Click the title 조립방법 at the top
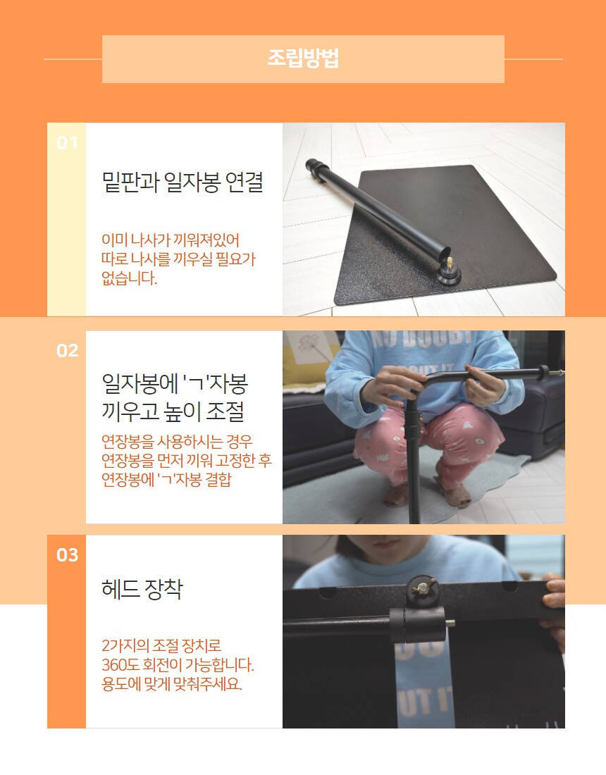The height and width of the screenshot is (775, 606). [x=303, y=58]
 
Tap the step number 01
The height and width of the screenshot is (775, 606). [x=67, y=143]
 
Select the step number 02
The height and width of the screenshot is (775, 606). [x=67, y=350]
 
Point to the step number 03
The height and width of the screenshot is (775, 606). [x=67, y=555]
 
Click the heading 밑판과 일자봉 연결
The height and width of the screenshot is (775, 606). [x=183, y=182]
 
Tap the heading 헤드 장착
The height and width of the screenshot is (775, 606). [x=142, y=589]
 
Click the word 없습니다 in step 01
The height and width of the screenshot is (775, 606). [x=129, y=278]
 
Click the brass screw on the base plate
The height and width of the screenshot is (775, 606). [x=450, y=263]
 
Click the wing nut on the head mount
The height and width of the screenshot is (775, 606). [x=421, y=588]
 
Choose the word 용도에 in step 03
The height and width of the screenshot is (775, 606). [x=121, y=684]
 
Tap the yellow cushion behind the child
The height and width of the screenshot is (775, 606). [x=302, y=368]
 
